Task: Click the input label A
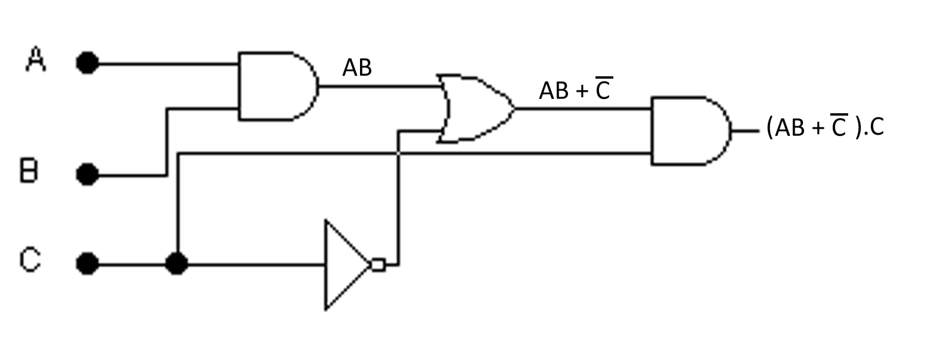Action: (x=36, y=60)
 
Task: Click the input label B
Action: (x=29, y=172)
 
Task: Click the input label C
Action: (x=30, y=260)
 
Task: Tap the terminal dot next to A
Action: (x=88, y=63)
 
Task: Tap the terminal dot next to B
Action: (x=88, y=175)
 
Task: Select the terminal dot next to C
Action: (x=88, y=263)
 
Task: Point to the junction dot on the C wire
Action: (x=176, y=263)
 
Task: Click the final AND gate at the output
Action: (x=689, y=131)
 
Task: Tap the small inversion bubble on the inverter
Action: (x=378, y=264)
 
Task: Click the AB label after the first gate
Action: (x=357, y=68)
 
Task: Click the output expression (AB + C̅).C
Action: (x=825, y=127)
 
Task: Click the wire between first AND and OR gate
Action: (x=378, y=86)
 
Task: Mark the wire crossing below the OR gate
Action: (x=399, y=153)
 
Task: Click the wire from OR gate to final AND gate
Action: (x=584, y=108)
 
